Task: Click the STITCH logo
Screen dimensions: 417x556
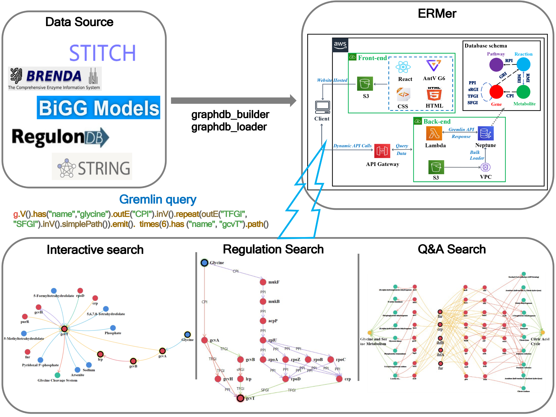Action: tap(102, 53)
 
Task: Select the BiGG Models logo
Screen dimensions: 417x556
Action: tap(98, 108)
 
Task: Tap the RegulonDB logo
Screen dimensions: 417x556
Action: tap(60, 137)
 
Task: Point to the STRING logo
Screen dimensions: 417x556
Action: tap(92, 167)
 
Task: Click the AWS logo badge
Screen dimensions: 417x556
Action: tap(340, 45)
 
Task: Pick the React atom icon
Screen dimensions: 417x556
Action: tap(403, 67)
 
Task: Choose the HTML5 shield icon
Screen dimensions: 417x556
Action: tap(434, 94)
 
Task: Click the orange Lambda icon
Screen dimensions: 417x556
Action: tap(434, 133)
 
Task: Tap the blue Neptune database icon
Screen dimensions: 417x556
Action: tap(485, 133)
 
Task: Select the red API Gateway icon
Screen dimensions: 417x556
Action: tap(382, 151)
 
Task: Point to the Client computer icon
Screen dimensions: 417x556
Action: tap(323, 107)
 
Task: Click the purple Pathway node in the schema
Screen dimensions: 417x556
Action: tap(496, 65)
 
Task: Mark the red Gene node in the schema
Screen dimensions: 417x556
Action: tap(496, 92)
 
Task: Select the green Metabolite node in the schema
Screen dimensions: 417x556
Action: tap(523, 92)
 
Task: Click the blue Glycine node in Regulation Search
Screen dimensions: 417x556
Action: tap(205, 263)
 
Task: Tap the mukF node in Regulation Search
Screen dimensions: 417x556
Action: tap(263, 282)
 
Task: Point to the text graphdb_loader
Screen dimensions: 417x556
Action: tap(229, 127)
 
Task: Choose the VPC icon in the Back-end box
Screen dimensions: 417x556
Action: tap(485, 167)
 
